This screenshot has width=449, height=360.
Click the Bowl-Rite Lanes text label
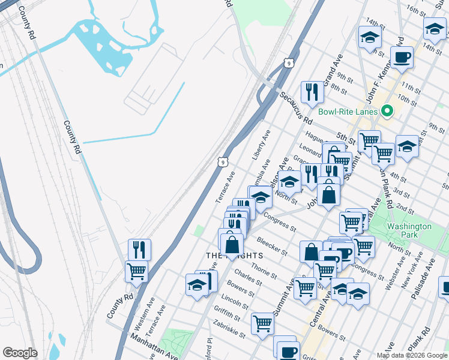click(348, 112)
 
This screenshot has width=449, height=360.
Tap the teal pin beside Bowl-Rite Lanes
click(387, 111)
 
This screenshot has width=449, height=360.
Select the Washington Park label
click(409, 230)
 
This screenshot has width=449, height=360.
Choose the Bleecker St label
click(271, 246)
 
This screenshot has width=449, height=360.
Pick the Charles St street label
click(247, 277)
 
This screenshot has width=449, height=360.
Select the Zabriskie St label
click(229, 331)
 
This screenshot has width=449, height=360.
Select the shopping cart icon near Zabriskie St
click(262, 324)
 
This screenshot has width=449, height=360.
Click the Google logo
click(20, 353)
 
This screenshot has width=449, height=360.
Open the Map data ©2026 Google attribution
click(411, 355)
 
